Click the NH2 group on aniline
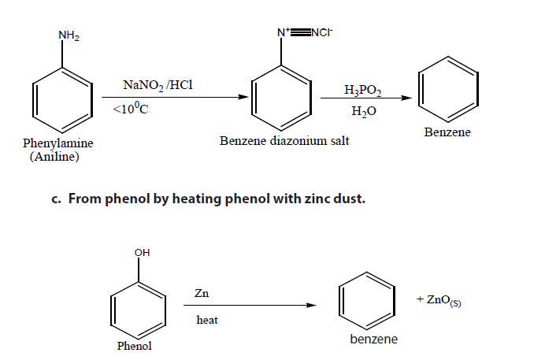[x=69, y=35]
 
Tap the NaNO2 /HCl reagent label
[x=158, y=85]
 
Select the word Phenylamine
[x=58, y=143]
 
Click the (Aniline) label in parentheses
[x=54, y=157]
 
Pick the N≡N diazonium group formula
[x=305, y=32]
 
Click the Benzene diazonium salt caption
[x=284, y=141]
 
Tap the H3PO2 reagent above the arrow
[x=363, y=90]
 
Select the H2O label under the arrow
[x=364, y=111]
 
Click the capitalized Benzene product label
[x=447, y=132]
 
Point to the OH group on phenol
[x=142, y=253]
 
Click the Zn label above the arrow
[x=202, y=293]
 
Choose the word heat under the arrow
[x=207, y=320]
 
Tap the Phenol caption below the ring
[x=135, y=346]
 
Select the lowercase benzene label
[x=373, y=339]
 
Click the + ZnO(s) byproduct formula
[x=439, y=300]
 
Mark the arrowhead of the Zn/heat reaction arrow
[x=311, y=306]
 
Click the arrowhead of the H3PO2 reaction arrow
[x=406, y=98]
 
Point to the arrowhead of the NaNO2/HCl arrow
[x=243, y=97]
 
